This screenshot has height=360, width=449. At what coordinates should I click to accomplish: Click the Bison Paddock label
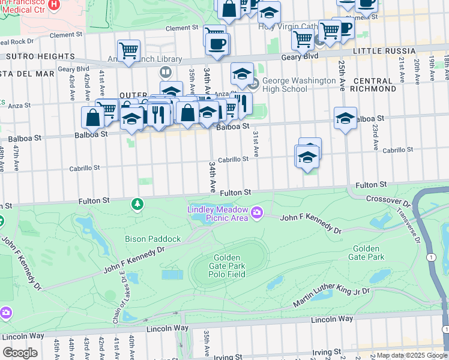click(152, 239)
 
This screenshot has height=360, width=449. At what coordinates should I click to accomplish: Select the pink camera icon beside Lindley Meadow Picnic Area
click(258, 212)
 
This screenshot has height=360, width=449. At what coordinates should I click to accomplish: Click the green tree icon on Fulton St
click(138, 205)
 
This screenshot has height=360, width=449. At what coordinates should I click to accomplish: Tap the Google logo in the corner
click(20, 353)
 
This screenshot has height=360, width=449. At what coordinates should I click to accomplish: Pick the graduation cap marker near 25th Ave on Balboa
click(345, 118)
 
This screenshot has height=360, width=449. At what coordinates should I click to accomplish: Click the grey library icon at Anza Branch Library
click(165, 72)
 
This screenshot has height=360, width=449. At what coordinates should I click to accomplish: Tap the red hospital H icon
click(54, 5)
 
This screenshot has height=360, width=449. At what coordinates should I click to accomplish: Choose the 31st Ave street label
click(255, 145)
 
